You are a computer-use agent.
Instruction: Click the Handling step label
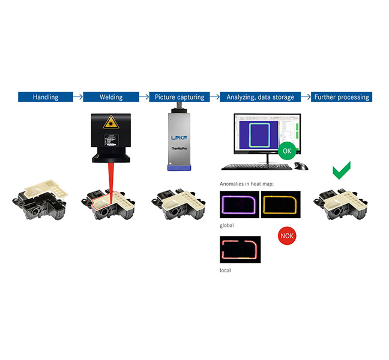tap(46, 97)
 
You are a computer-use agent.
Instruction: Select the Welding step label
tap(110, 97)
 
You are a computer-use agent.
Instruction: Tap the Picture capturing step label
tap(179, 97)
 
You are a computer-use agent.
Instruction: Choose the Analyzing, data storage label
tap(258, 97)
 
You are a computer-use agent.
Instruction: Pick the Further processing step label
tap(341, 97)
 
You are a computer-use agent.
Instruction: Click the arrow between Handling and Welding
tap(77, 96)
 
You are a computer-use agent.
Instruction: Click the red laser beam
tap(111, 180)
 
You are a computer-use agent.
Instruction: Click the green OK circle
tap(286, 151)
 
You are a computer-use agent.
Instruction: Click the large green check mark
tap(341, 169)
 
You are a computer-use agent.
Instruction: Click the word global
tap(228, 225)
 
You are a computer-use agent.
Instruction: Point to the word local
tap(226, 271)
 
